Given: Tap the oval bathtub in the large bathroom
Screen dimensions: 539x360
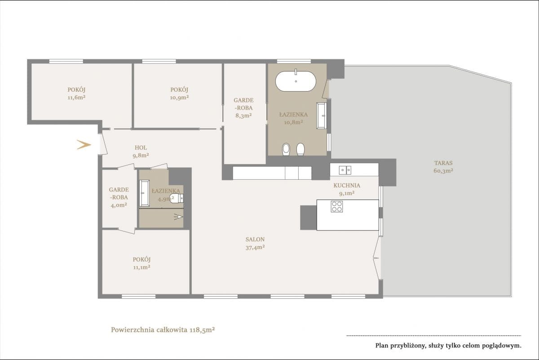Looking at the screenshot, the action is coord(296,81).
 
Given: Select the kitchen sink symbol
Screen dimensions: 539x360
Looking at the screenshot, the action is coord(345,170).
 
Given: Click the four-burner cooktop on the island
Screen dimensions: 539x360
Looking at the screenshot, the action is coord(337,206).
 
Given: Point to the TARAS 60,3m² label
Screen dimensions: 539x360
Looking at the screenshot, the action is coord(443,167).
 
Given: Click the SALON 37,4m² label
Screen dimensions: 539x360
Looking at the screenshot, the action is coord(255,243).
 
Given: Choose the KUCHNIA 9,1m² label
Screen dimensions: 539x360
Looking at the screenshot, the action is coord(347,189).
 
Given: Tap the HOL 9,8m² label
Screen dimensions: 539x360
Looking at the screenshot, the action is coord(141,151).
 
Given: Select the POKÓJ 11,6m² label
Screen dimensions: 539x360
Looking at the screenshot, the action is coord(76,93).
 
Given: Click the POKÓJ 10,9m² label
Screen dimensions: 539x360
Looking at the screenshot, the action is coord(179,93).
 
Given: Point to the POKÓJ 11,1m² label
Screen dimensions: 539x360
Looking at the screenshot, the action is coord(142,263).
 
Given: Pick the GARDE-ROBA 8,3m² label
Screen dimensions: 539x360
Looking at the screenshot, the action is coord(243,107).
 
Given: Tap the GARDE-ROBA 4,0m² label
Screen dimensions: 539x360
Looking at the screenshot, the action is coord(119,197).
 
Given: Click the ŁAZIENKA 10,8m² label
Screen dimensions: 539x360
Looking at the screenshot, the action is coord(293,118).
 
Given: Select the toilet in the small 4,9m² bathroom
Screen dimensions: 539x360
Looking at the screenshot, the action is coord(177,198).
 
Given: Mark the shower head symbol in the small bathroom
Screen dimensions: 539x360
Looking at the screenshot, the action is coord(178,217).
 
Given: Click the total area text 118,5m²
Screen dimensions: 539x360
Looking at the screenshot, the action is coord(203,329).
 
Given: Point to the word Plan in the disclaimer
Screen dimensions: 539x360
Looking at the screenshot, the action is coord(382,346).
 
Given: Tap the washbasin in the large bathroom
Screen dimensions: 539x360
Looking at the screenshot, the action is coord(322,116).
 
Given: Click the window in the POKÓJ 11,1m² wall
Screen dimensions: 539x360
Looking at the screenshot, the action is coord(139,297).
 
